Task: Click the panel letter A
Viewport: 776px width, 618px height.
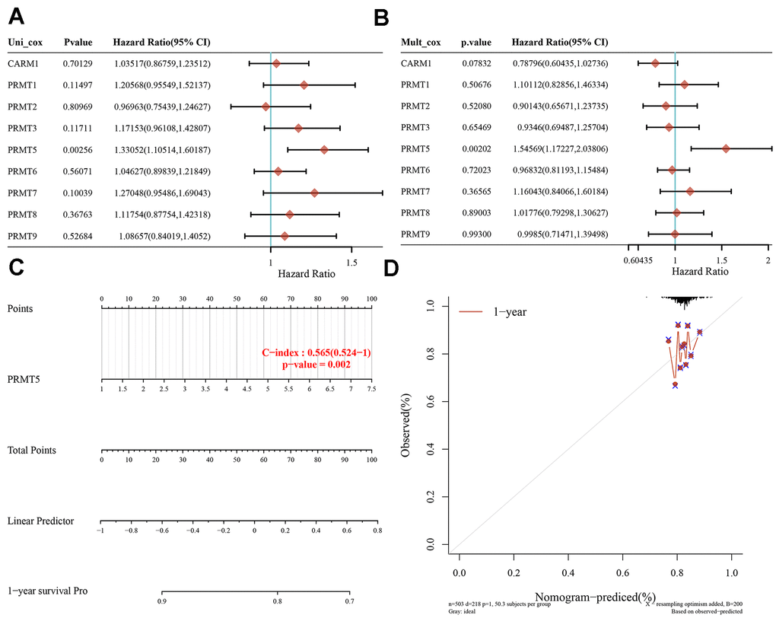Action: coord(17,14)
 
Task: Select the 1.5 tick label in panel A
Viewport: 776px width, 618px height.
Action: coord(351,261)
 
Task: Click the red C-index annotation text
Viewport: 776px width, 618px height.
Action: coord(315,352)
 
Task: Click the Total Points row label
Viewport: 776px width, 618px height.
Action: coord(32,451)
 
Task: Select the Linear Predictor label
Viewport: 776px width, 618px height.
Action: coord(40,521)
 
